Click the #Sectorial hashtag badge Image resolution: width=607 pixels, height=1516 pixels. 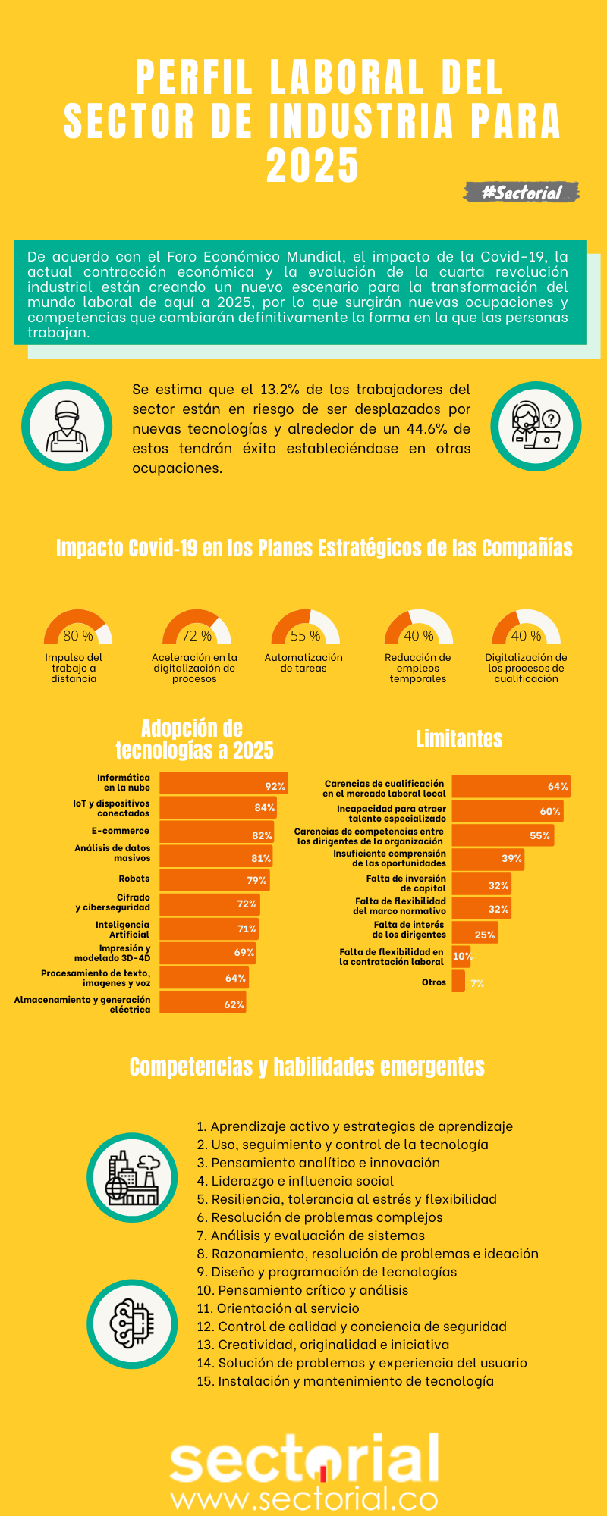pos(522,193)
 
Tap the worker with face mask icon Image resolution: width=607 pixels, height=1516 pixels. pos(67,426)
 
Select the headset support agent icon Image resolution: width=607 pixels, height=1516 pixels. pos(536,426)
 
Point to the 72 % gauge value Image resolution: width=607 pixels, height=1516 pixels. pos(197,636)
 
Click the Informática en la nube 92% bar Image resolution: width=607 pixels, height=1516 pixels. pos(223,784)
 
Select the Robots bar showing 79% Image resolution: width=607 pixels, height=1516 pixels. pos(214,880)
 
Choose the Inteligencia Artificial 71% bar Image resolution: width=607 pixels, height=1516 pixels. pos(209,929)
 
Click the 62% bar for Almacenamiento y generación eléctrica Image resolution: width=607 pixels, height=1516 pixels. pos(203,1004)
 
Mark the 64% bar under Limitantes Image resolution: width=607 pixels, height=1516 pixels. pos(511,786)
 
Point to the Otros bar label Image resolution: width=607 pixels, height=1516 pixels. pos(434,982)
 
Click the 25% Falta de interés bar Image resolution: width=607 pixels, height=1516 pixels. pos(475,933)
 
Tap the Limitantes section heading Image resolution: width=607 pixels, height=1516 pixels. pos(459,739)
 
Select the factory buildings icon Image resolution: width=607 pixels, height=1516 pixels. pos(132,1177)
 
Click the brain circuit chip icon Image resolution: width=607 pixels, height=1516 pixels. pos(132,1323)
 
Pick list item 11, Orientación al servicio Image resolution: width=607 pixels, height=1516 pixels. pos(278,1308)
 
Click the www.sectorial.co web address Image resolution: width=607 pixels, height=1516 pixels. pos(304,1499)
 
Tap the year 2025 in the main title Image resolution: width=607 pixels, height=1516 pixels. pos(312,166)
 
